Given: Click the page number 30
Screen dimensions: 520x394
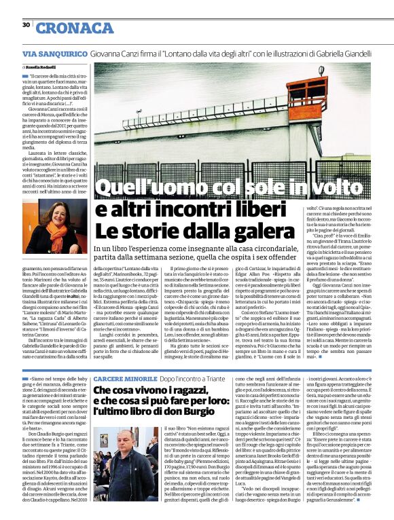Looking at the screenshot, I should click(x=26, y=24).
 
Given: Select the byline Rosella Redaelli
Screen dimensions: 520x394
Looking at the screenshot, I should click(x=40, y=69).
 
